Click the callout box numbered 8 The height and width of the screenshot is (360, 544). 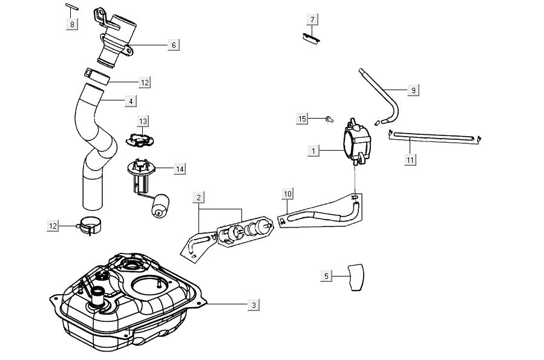point(72,25)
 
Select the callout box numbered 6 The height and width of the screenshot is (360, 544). point(173,45)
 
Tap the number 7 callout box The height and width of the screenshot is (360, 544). point(312,20)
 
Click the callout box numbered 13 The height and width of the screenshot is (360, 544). point(143,122)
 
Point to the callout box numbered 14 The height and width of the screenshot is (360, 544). point(179,169)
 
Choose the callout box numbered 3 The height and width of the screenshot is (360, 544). point(254,306)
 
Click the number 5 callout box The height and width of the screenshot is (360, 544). point(327,276)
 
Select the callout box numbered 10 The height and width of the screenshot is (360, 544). point(288,194)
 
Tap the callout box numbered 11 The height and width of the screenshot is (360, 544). point(410,159)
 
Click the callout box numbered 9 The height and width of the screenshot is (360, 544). point(413,90)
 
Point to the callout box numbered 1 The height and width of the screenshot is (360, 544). point(313,151)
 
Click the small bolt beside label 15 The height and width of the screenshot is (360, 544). point(329,119)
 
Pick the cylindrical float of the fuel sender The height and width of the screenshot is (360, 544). point(160,205)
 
